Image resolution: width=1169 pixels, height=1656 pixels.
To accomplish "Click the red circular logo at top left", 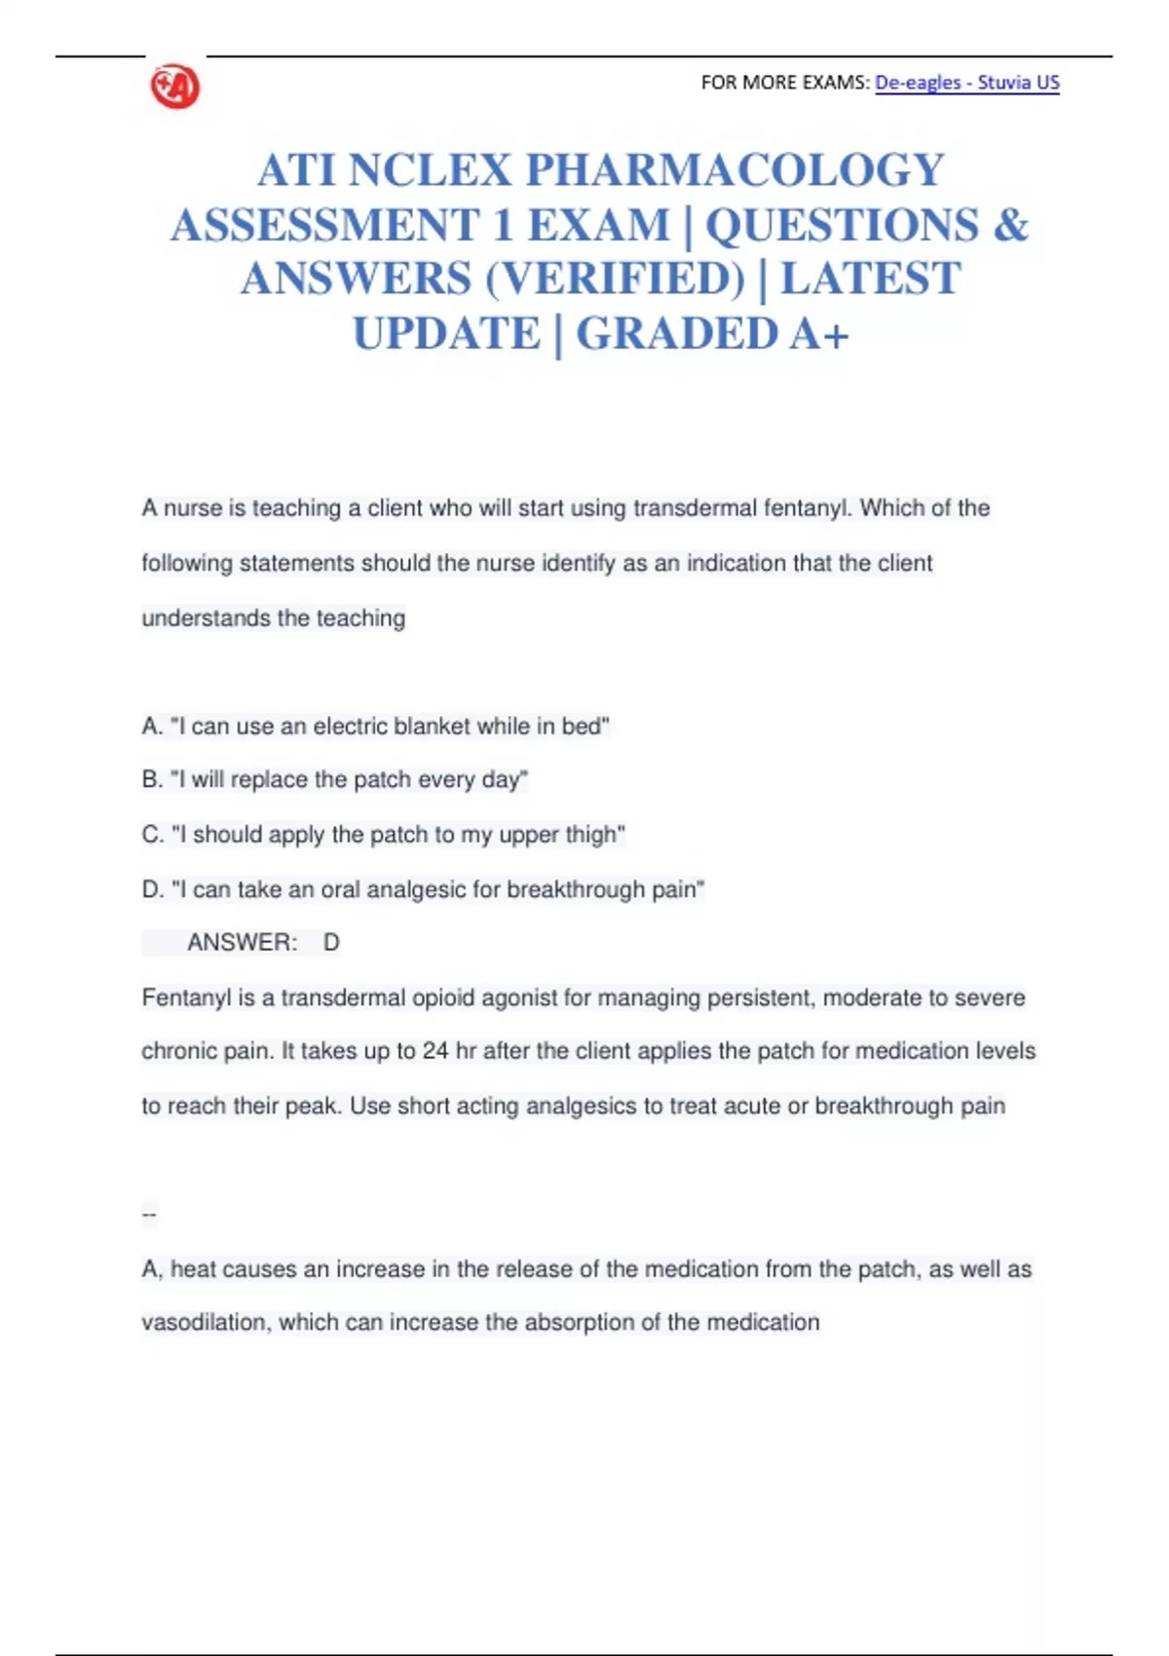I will tap(175, 87).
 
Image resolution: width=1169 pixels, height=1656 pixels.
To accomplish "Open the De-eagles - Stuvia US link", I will tap(966, 83).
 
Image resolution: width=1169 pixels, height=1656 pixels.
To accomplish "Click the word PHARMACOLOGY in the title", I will tap(735, 170).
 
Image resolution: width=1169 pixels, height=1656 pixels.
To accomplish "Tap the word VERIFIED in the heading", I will tap(614, 279).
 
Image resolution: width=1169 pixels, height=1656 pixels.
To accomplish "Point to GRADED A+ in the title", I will tap(712, 333).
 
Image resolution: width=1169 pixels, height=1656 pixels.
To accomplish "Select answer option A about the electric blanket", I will tap(375, 727).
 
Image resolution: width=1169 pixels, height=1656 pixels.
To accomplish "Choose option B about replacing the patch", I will tap(334, 780).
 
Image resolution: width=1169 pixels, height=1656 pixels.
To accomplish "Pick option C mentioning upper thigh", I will tap(383, 835).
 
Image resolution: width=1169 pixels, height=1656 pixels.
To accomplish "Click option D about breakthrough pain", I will tap(423, 889).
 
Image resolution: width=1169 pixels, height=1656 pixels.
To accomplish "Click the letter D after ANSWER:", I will tap(331, 943).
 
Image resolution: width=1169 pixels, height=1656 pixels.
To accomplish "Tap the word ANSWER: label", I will tap(243, 943).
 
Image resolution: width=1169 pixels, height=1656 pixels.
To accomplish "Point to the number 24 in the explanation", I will tap(435, 1051).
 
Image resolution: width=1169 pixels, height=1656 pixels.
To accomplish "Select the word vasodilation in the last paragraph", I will tap(206, 1323).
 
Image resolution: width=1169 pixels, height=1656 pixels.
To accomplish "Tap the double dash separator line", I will tap(149, 1214).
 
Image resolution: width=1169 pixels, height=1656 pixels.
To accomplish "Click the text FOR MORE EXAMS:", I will tap(784, 83).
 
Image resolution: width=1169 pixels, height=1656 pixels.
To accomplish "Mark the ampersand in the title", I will tap(1010, 225).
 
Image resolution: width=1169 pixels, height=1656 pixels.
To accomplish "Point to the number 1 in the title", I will tap(503, 225).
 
